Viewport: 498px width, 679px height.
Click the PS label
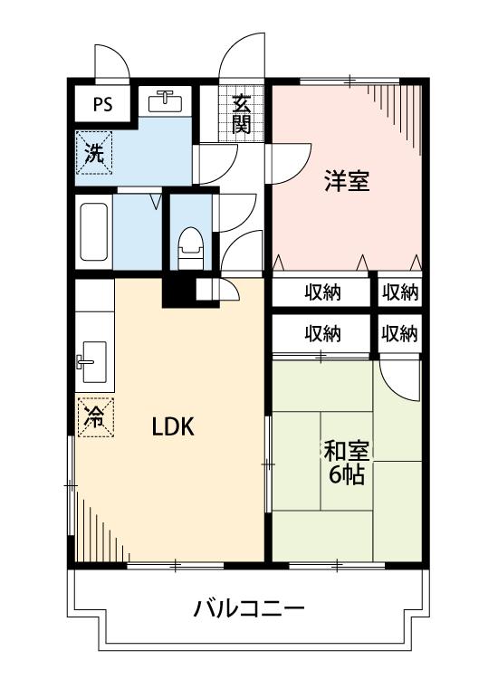[x=102, y=103]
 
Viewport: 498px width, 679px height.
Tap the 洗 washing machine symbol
[x=94, y=151]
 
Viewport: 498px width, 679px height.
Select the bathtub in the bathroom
[x=94, y=233]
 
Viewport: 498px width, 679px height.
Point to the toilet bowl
[x=189, y=244]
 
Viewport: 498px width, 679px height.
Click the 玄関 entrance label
[x=241, y=114]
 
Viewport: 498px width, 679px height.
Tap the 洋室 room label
[x=347, y=181]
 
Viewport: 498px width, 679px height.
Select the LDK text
[x=173, y=426]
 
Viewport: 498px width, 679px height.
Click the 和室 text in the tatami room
[x=346, y=451]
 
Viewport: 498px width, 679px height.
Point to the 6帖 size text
[x=346, y=474]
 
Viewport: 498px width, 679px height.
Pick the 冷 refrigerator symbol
[x=94, y=416]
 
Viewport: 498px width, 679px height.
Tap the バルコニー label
[x=248, y=607]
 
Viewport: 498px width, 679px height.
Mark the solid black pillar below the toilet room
[x=178, y=291]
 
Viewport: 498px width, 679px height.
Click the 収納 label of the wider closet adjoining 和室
[x=322, y=333]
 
